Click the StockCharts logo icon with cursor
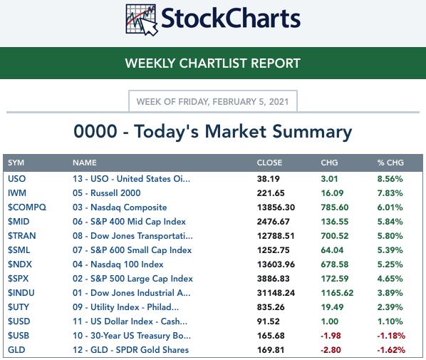[x=142, y=20]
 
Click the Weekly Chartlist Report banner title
[x=213, y=63]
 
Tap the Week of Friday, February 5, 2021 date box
[x=213, y=101]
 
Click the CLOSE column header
[x=269, y=163]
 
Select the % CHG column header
[x=390, y=163]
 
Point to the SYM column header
[x=16, y=163]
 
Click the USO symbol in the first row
[x=17, y=179]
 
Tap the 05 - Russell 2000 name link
[x=107, y=193]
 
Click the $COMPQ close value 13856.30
[x=276, y=207]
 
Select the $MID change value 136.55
[x=334, y=222]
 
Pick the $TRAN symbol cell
[x=22, y=236]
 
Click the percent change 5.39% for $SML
[x=390, y=250]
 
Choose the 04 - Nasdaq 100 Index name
[x=118, y=264]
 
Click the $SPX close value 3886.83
[x=273, y=279]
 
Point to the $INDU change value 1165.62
[x=337, y=293]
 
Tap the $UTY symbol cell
[x=19, y=307]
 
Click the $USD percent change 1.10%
[x=390, y=322]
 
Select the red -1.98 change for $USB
[x=331, y=336]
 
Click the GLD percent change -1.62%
[x=391, y=350]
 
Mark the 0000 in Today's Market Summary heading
[x=95, y=131]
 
